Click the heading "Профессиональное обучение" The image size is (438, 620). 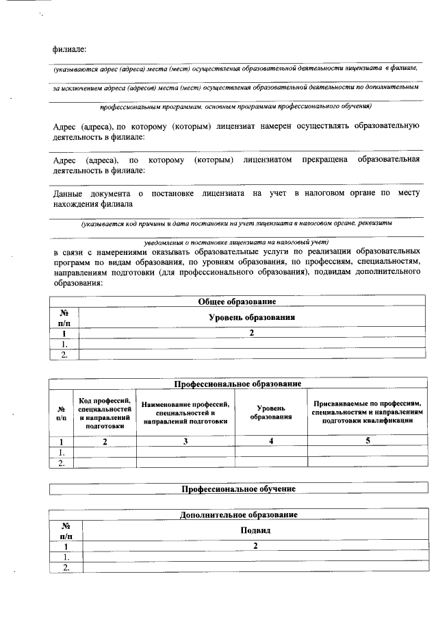pos(238,489)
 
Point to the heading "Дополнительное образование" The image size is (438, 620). pos(238,514)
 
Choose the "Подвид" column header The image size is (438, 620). pos(255,530)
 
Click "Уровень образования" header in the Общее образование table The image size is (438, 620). pos(251,317)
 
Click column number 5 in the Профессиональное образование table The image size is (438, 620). pos(368,441)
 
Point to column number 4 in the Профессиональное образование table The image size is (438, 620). pos(272,441)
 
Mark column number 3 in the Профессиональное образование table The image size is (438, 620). pos(185,441)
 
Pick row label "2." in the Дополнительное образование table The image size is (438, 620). pos(66,567)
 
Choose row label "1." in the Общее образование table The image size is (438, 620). pos(64,344)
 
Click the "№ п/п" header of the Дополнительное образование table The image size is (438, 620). pos(66,530)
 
